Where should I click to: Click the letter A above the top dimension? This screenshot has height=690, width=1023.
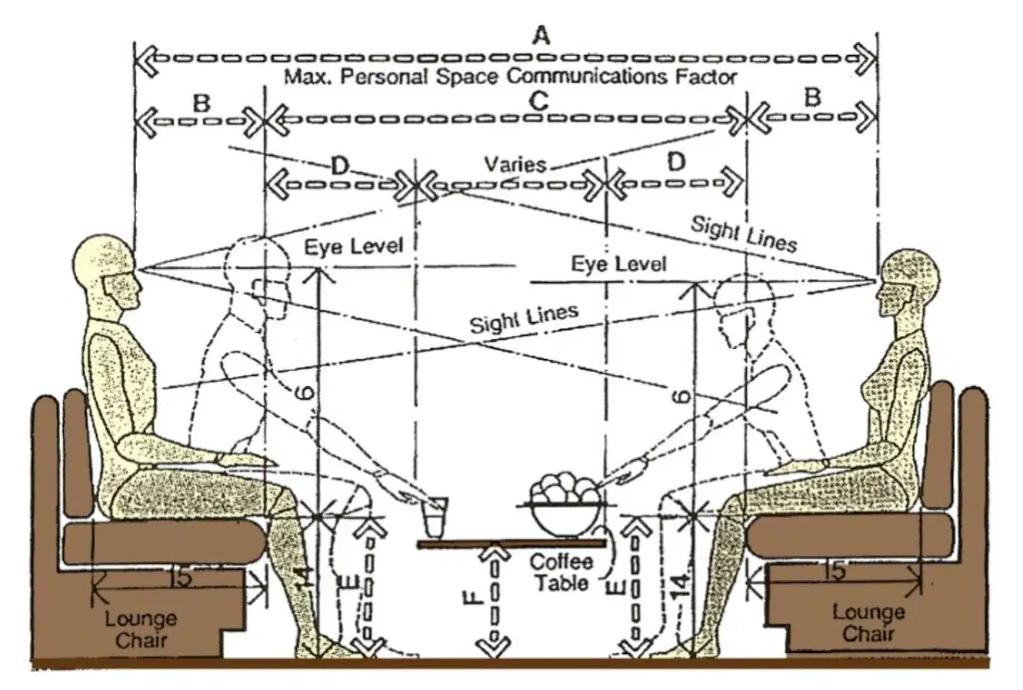click(x=542, y=35)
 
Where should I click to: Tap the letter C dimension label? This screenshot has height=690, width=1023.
click(x=539, y=101)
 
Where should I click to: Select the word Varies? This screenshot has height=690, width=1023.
click(x=515, y=165)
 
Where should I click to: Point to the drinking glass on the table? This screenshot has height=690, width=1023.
click(x=434, y=517)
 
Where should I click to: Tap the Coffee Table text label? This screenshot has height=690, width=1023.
click(x=561, y=573)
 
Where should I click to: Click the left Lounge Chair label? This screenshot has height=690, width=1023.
click(x=141, y=629)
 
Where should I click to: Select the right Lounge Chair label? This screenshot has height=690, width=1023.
click(x=868, y=623)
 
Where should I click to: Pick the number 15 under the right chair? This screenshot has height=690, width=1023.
click(x=835, y=572)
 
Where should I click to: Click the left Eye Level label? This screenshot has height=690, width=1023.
click(x=354, y=247)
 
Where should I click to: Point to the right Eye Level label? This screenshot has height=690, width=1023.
click(x=619, y=265)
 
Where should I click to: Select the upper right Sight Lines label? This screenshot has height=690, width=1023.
click(x=743, y=234)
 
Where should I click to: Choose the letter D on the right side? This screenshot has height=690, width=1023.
click(x=676, y=161)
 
